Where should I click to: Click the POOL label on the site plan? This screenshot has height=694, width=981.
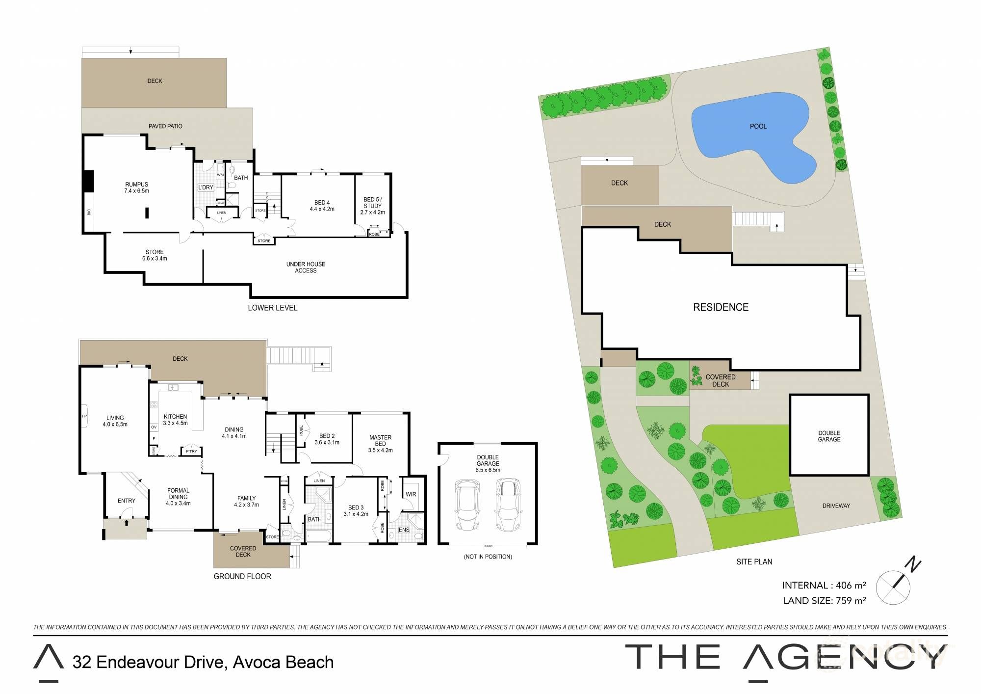pos(758,126)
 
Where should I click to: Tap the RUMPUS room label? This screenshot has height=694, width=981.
pos(136,185)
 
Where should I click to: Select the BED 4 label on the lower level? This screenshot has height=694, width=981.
pos(322,203)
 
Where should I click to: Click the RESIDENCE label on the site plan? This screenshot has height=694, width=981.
pos(721,307)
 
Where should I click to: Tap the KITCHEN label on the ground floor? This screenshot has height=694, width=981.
pos(175,417)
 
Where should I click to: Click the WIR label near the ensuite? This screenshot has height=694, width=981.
pos(411,494)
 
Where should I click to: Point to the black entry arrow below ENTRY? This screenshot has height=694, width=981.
pos(127,523)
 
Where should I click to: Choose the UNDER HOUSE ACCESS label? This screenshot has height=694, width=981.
pos(306,267)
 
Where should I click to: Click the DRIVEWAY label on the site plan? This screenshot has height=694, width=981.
pos(836,506)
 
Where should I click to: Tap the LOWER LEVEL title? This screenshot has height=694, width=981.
pos(272,308)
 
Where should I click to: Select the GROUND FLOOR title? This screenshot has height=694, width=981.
pos(242,576)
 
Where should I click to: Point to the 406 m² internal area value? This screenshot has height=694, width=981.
pos(851,585)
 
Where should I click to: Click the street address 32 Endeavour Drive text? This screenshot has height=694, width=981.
pos(149,662)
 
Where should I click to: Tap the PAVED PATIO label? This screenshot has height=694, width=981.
pos(165,126)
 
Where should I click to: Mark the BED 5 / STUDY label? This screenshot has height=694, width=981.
pos(372,203)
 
